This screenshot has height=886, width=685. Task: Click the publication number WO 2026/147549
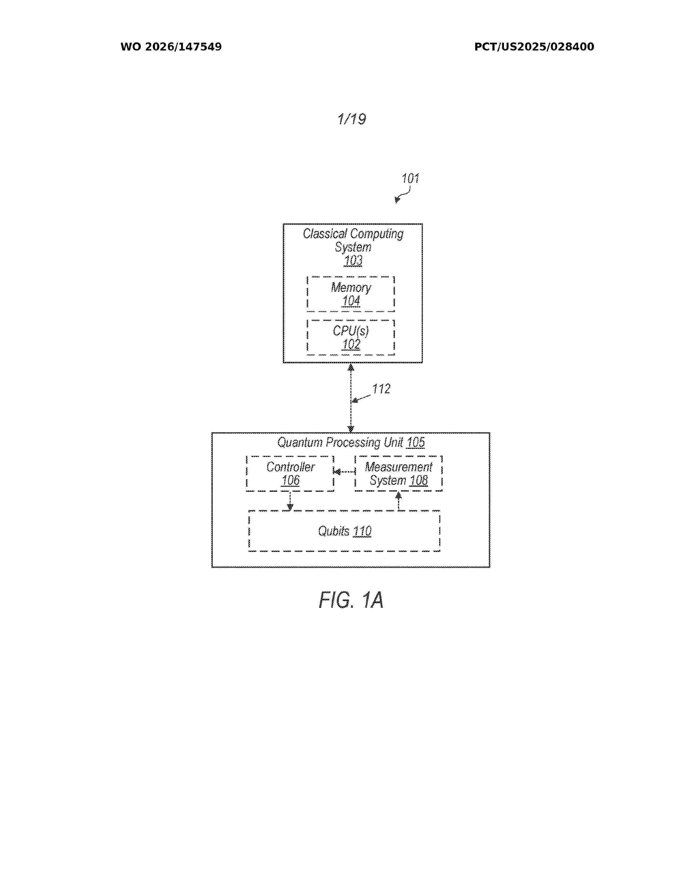coord(171,47)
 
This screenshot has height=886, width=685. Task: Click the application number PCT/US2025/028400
coord(534,47)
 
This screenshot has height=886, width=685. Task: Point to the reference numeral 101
coord(410,179)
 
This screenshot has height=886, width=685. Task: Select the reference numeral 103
coord(353,260)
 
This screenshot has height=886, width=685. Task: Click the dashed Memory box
coord(351,294)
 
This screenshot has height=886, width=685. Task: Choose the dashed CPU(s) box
coord(351,337)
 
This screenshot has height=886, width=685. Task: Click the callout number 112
coord(381,389)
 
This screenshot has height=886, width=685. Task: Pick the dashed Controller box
coord(290,473)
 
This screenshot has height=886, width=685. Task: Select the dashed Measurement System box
coord(398,473)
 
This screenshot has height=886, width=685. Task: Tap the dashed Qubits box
coord(344,531)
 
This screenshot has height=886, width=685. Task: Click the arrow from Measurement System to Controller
coord(344,471)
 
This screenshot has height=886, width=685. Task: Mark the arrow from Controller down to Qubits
coord(290,501)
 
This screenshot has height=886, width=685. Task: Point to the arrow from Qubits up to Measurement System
coord(398,501)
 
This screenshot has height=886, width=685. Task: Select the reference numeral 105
coord(416,442)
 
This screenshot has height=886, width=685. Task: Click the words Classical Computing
coord(353,234)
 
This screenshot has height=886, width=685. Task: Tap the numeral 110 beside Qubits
coord(362,531)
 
